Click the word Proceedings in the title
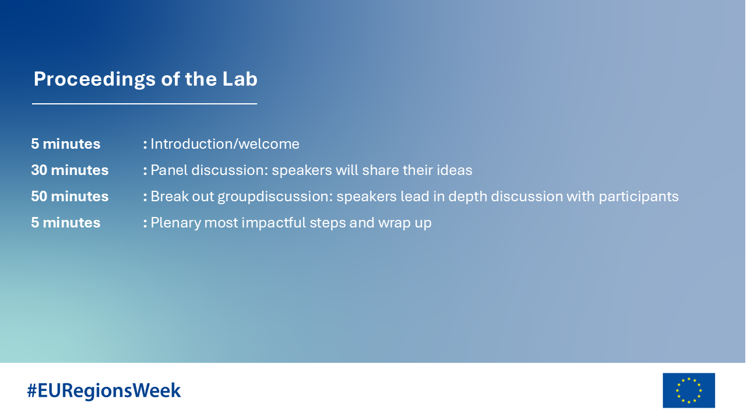point(94,80)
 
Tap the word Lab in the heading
point(240,79)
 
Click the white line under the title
point(145,104)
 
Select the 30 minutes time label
point(70,170)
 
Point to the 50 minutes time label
point(70,197)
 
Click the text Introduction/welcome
point(225,144)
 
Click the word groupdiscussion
point(275,197)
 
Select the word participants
point(638,197)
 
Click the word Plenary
point(175,223)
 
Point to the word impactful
point(273,223)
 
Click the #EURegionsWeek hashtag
point(104,391)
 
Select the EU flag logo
point(689,390)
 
